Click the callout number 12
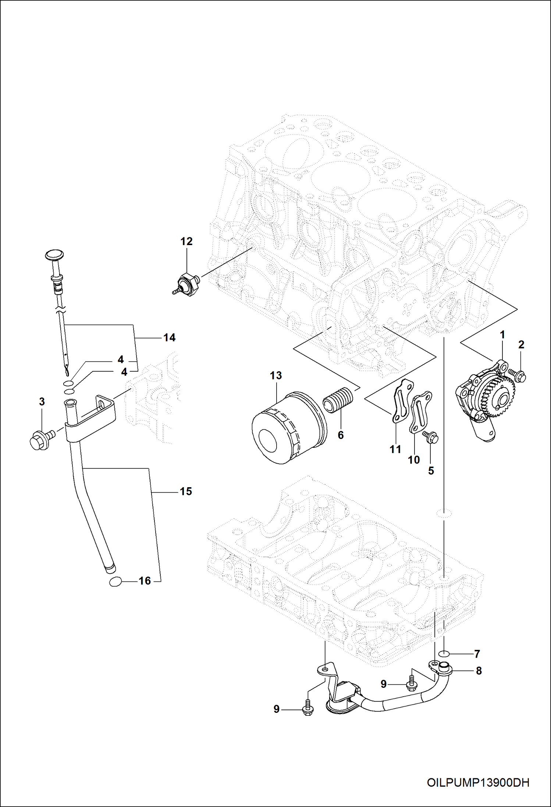pos(186,241)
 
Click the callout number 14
pos(169,337)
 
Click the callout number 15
pos(186,491)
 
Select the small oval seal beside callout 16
pos(115,581)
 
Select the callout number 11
pos(395,449)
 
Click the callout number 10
pos(413,460)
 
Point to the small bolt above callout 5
pos(430,437)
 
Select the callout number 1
pos(502,335)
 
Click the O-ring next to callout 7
pos(444,653)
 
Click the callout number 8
pos(479,670)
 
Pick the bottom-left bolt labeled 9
pos(308,709)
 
